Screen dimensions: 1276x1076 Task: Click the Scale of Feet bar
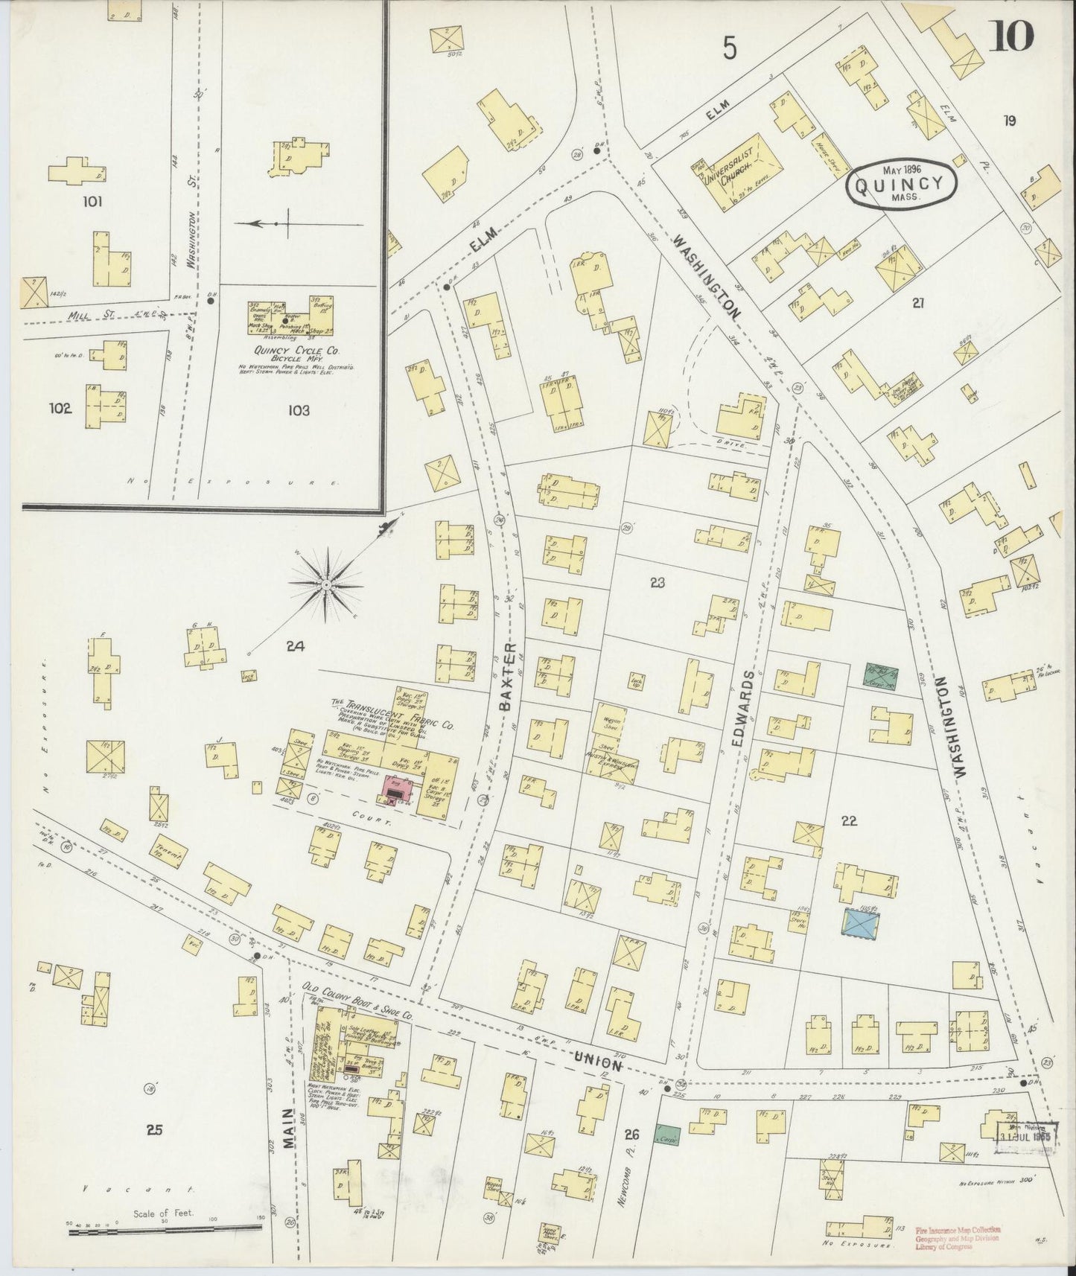(164, 1232)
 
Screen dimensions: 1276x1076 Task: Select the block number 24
(296, 647)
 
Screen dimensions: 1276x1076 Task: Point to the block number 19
(1009, 121)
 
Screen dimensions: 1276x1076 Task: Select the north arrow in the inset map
(298, 223)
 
